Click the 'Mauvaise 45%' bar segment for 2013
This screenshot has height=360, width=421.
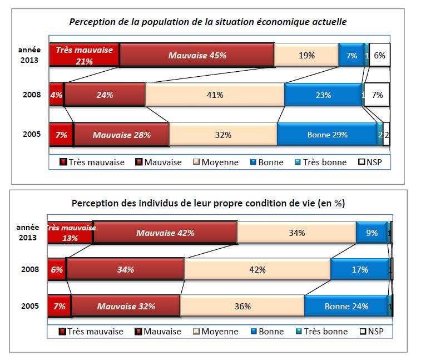tap(196, 55)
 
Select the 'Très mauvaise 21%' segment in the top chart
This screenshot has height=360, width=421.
tap(84, 55)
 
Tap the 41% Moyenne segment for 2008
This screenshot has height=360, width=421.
tap(215, 95)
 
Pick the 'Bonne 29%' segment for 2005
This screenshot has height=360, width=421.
tap(327, 134)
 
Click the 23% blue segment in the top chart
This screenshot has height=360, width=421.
tap(323, 95)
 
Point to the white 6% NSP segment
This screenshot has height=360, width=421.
tap(379, 55)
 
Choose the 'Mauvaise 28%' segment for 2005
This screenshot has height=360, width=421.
tap(121, 134)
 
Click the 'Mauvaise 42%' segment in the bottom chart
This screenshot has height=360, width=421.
tap(165, 233)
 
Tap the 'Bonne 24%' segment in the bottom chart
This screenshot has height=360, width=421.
tap(348, 306)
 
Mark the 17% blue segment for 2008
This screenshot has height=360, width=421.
tap(359, 269)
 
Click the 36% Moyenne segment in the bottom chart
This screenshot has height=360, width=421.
tap(242, 306)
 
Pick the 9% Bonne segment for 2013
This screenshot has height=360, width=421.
tap(372, 233)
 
